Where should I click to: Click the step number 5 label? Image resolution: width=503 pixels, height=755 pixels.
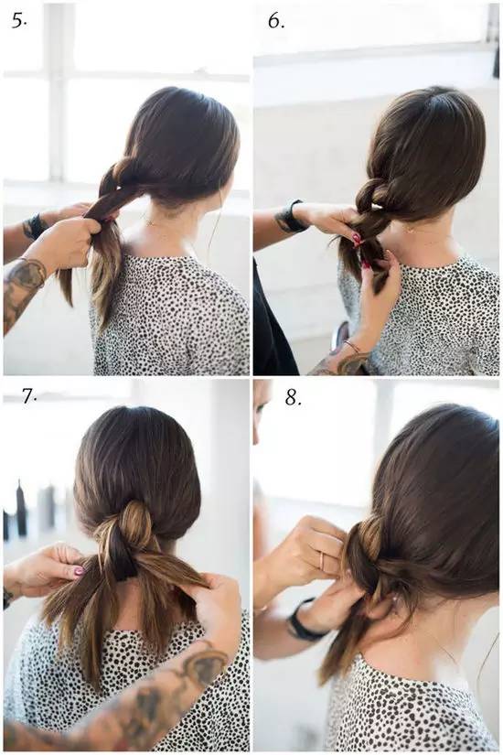tap(19, 21)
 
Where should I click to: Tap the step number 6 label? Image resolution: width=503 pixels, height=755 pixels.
tap(276, 21)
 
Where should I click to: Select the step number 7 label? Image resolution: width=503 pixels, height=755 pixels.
tap(29, 396)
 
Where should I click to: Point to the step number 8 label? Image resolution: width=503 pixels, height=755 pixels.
tap(293, 398)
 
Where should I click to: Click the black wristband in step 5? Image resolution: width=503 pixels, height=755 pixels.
tap(34, 226)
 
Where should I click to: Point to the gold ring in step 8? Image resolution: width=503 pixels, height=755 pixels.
tap(322, 560)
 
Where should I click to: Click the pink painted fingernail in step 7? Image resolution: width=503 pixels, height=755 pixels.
tap(79, 572)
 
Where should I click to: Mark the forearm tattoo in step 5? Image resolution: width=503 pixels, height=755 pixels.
tap(22, 284)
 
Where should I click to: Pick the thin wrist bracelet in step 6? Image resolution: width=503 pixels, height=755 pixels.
tap(353, 346)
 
